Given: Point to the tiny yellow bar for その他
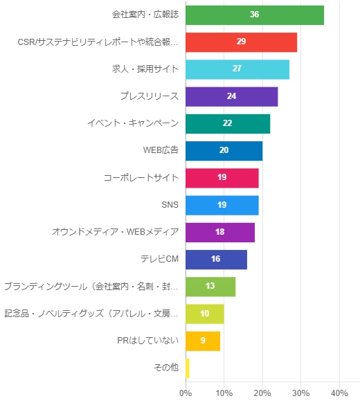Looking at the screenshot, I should click(188, 368).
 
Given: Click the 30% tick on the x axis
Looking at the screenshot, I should click(300, 393).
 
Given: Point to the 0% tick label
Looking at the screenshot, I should click(185, 393).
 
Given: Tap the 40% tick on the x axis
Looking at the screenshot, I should click(339, 393).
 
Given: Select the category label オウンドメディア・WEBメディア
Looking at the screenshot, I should click(115, 232).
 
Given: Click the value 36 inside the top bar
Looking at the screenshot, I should click(254, 15).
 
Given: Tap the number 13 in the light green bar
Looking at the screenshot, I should click(210, 286).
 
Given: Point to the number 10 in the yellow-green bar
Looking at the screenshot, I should click(204, 314).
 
